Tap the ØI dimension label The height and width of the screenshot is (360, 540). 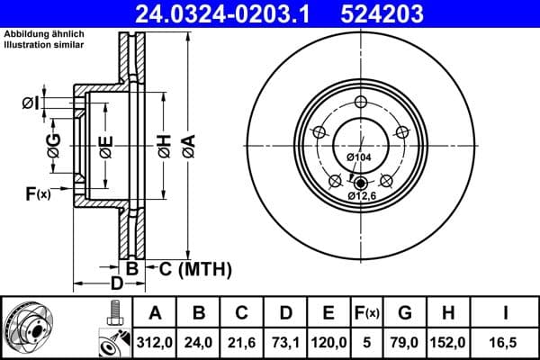[x=31, y=104]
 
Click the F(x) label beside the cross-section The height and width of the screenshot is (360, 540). [x=37, y=193]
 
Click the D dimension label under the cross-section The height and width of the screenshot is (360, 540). [x=116, y=284]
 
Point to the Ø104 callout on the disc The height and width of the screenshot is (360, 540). [x=359, y=157]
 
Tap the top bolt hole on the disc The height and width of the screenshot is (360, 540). [x=360, y=101]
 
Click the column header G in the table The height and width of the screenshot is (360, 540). [x=405, y=314]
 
